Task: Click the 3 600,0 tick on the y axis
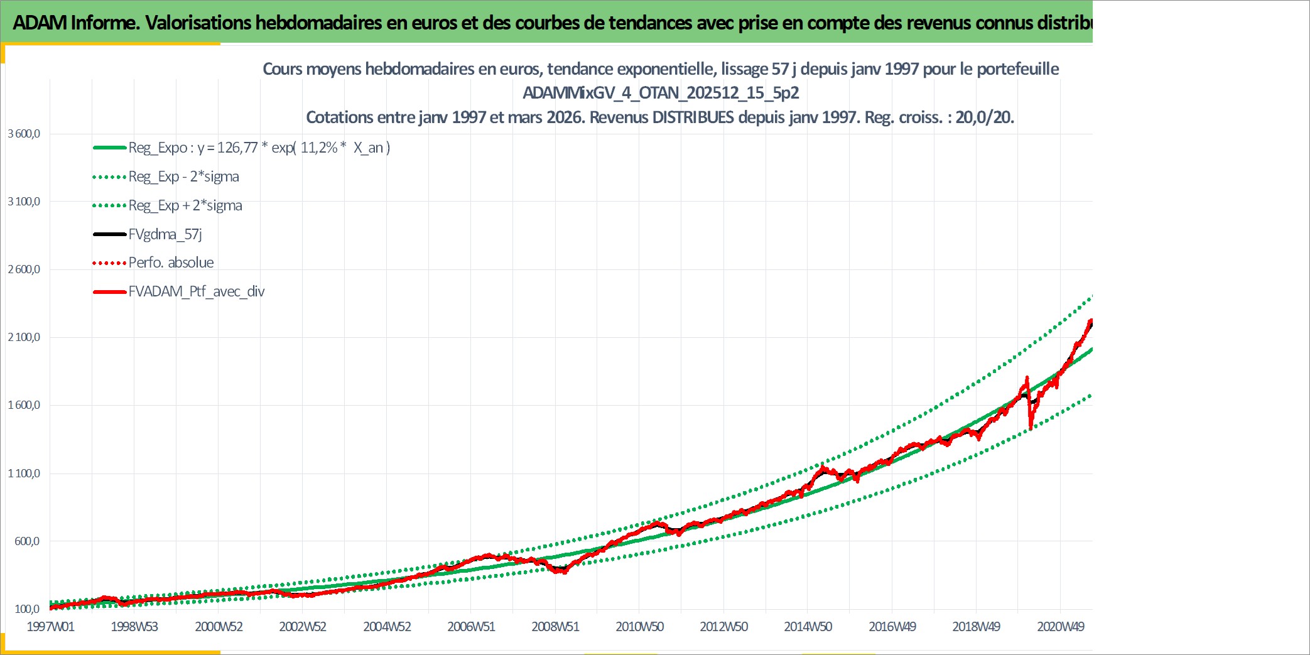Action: pyautogui.click(x=24, y=134)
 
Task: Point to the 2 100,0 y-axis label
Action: pyautogui.click(x=24, y=337)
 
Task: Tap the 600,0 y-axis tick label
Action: pyautogui.click(x=27, y=541)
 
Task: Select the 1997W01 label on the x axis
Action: pyautogui.click(x=50, y=626)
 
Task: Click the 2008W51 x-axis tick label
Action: pyautogui.click(x=555, y=626)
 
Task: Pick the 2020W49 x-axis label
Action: pyautogui.click(x=1061, y=626)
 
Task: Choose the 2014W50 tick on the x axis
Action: pyautogui.click(x=808, y=626)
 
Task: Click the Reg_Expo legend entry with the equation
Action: pyautogui.click(x=242, y=148)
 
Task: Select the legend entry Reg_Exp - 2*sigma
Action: pyautogui.click(x=166, y=176)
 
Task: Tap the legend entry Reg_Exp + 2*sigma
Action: pyautogui.click(x=167, y=205)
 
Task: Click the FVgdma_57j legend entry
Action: pyautogui.click(x=148, y=234)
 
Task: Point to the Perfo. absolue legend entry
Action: pyautogui.click(x=153, y=263)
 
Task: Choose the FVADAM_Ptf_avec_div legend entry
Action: pyautogui.click(x=179, y=291)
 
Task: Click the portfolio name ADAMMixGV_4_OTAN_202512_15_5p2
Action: pyautogui.click(x=661, y=93)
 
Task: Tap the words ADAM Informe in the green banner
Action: pyautogui.click(x=75, y=23)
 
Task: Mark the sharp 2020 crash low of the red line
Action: pyautogui.click(x=1031, y=430)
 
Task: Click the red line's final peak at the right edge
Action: pyautogui.click(x=1090, y=321)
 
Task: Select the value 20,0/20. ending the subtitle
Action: pyautogui.click(x=985, y=117)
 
